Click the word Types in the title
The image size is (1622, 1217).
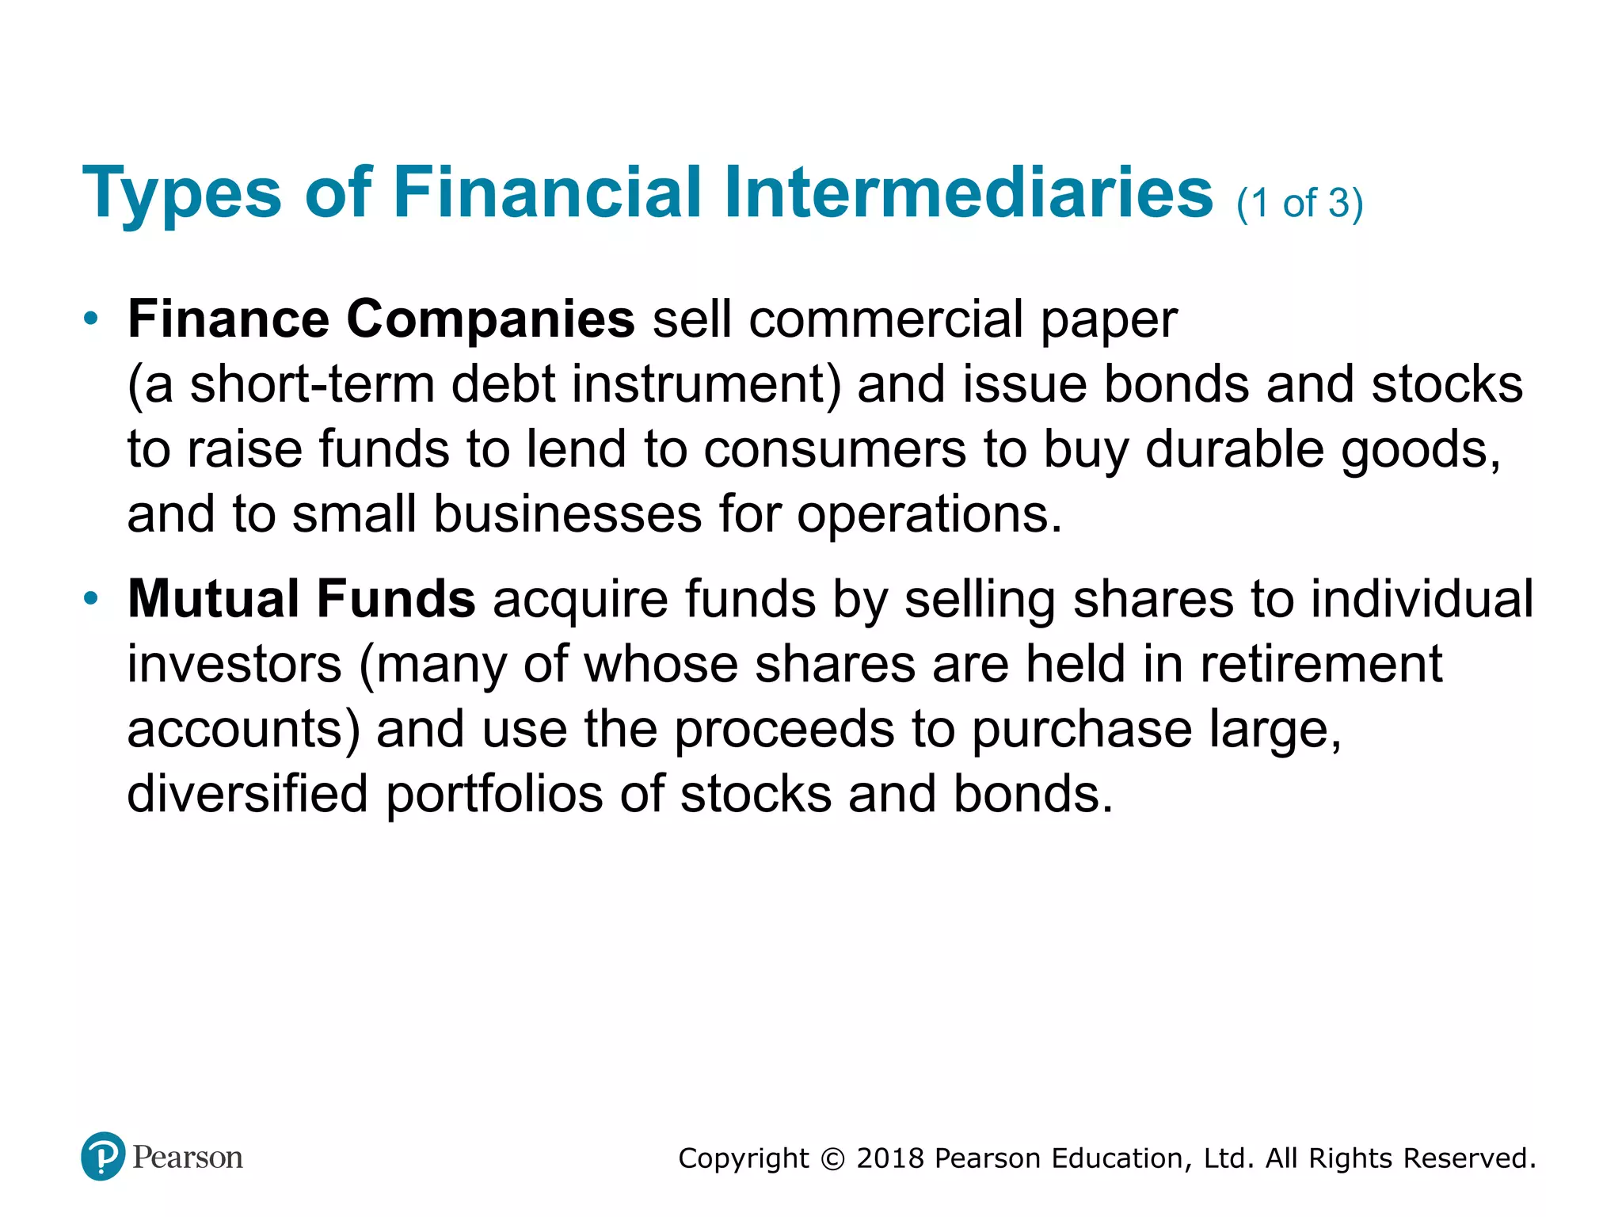pyautogui.click(x=181, y=193)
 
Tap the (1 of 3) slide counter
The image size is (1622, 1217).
pyautogui.click(x=1300, y=203)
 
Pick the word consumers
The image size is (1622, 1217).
pyautogui.click(x=835, y=449)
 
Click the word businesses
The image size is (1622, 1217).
pyautogui.click(x=567, y=514)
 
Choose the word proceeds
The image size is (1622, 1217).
pyautogui.click(x=784, y=729)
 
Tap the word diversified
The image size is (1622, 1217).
pyautogui.click(x=248, y=794)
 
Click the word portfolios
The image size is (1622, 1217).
pyautogui.click(x=494, y=794)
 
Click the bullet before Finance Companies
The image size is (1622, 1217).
pyautogui.click(x=91, y=319)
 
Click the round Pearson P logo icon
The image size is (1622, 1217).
pyautogui.click(x=103, y=1156)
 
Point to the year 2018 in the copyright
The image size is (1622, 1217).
pyautogui.click(x=890, y=1158)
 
